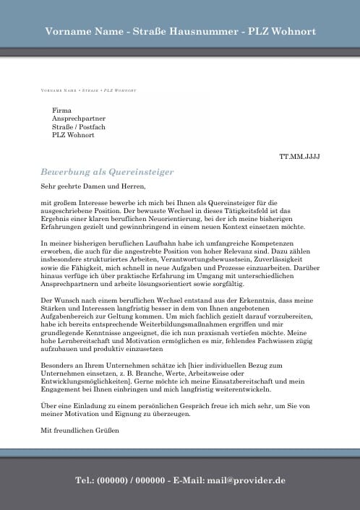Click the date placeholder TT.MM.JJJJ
point(299,156)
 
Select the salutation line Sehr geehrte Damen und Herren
point(89,187)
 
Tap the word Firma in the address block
point(61,109)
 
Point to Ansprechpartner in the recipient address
point(79,118)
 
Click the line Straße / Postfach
point(79,126)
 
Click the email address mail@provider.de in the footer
point(246,480)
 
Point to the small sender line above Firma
point(89,91)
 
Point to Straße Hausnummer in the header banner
point(180,33)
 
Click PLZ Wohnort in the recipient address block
point(73,135)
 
